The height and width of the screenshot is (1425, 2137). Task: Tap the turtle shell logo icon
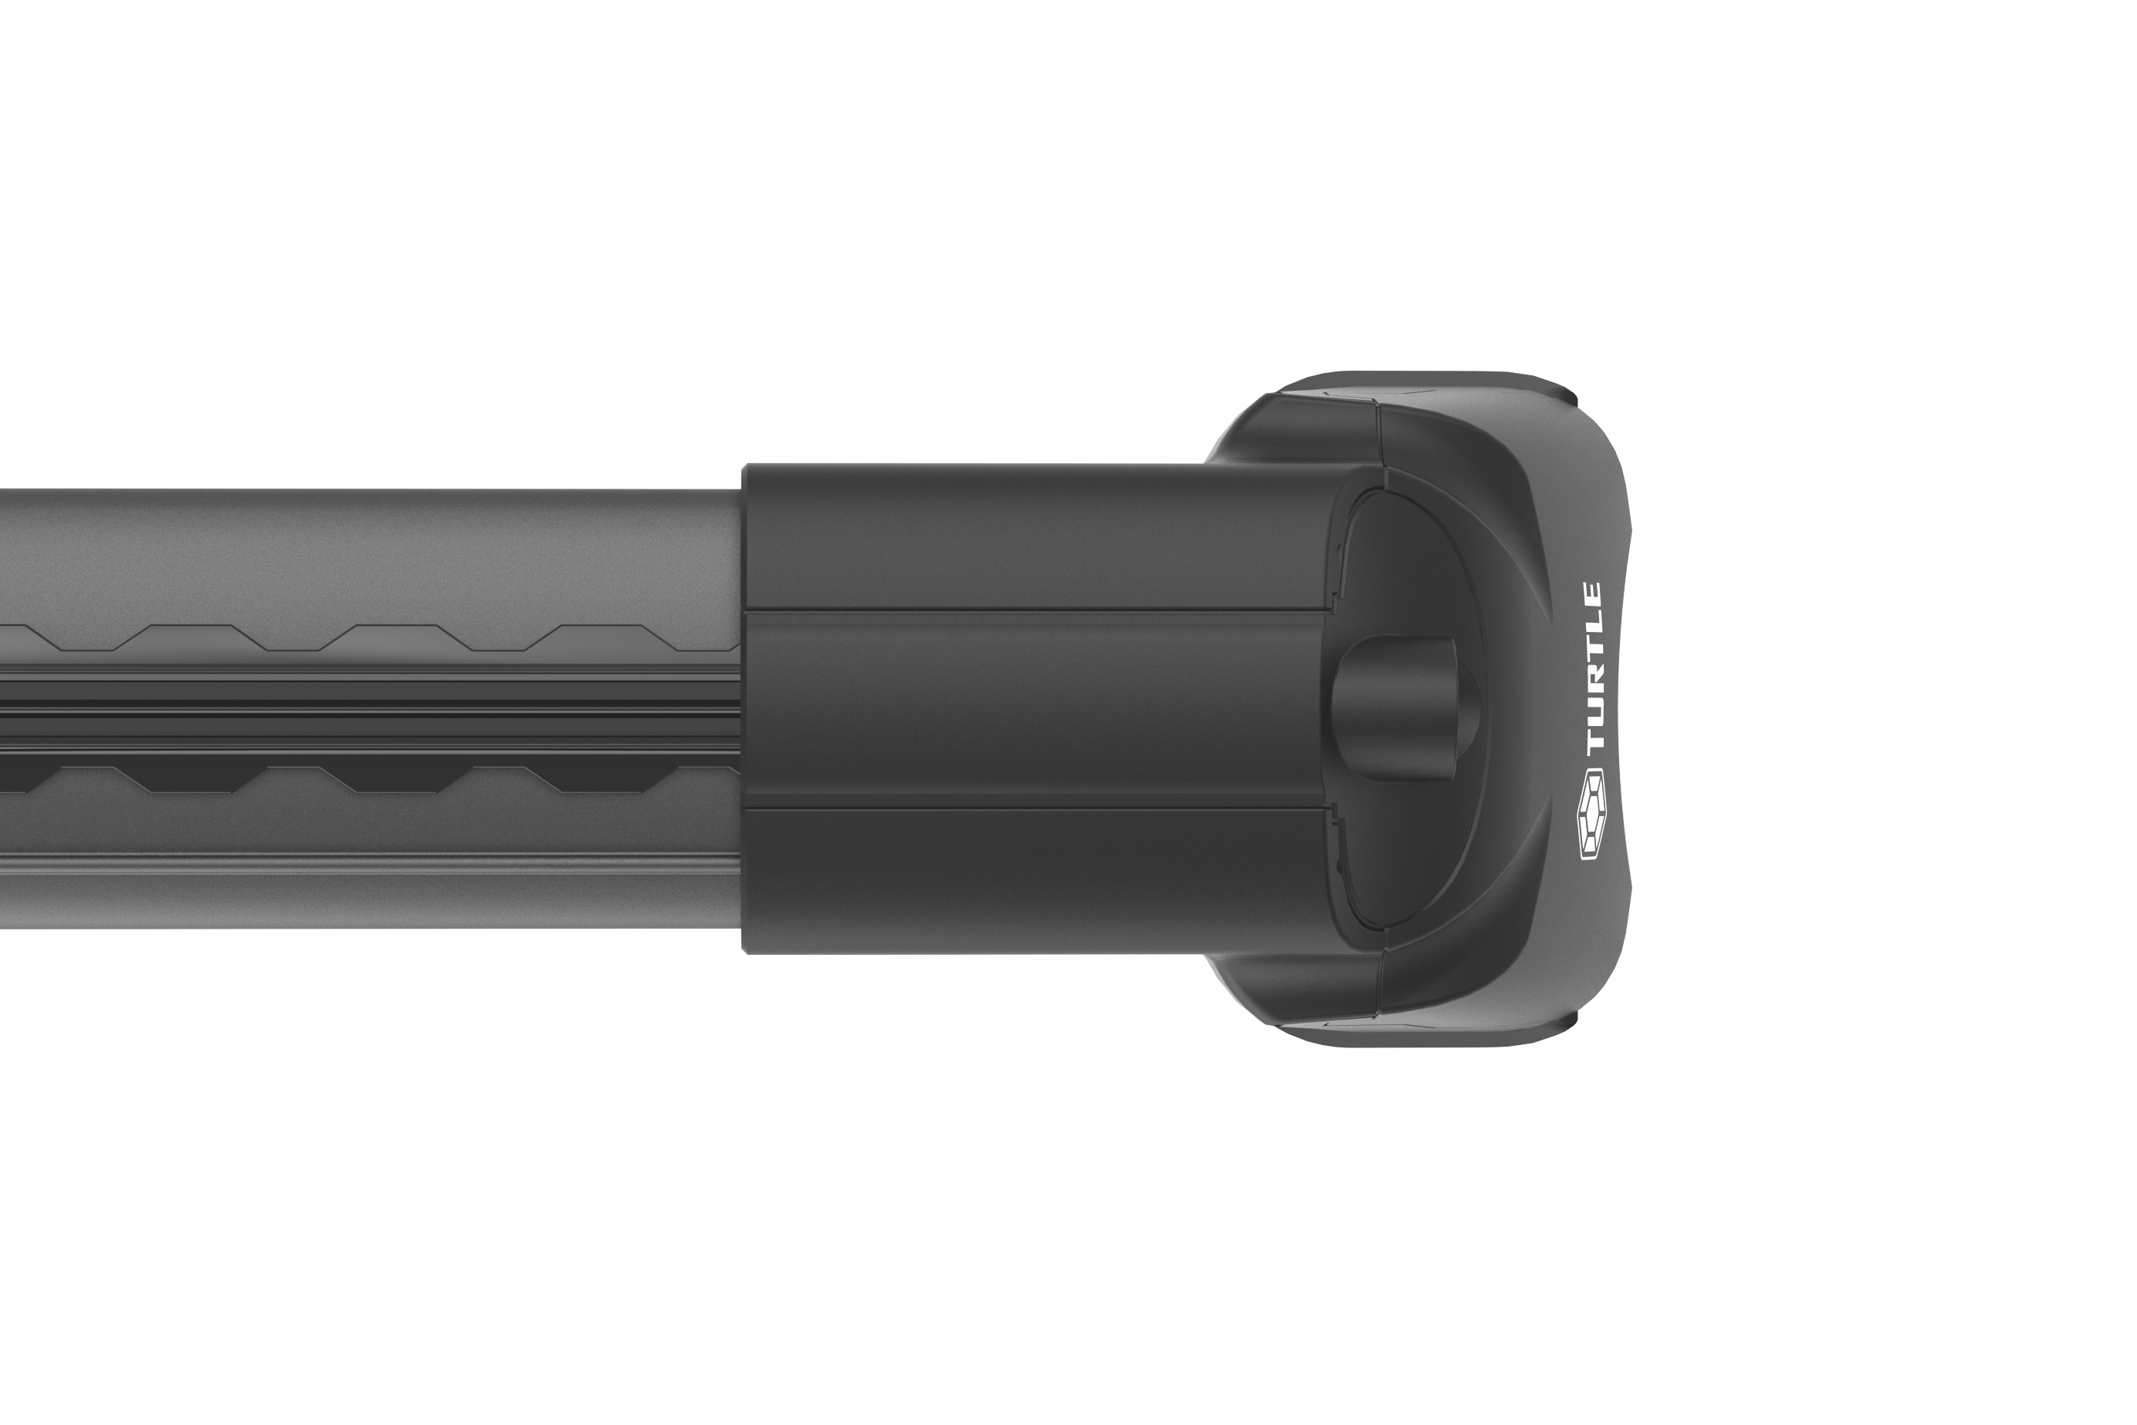click(x=1592, y=815)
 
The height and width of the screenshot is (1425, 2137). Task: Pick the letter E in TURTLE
click(x=1593, y=597)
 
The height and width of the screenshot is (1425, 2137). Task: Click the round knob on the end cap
click(x=1404, y=706)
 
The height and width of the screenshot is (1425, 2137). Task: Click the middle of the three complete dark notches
click(x=396, y=780)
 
